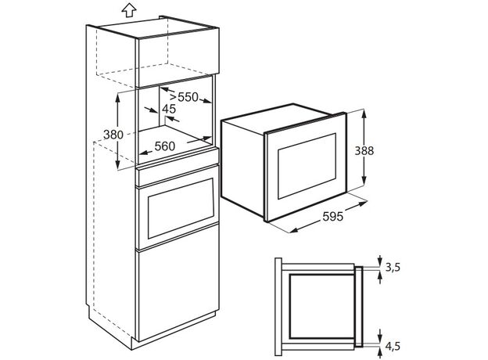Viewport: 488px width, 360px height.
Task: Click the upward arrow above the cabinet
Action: [x=129, y=10]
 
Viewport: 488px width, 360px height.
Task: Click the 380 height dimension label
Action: [x=113, y=135]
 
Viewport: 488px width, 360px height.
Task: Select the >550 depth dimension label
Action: [x=184, y=97]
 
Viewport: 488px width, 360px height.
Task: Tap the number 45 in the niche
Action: [x=169, y=109]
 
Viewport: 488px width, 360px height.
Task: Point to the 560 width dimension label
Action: [x=165, y=146]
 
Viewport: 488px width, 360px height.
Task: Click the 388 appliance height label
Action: [x=364, y=151]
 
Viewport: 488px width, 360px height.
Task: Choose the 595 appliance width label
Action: [x=332, y=216]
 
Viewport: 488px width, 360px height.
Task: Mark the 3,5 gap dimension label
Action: [x=393, y=267]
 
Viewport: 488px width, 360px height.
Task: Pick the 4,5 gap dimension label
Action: [x=393, y=346]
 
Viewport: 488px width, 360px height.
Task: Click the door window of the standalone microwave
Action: [x=307, y=166]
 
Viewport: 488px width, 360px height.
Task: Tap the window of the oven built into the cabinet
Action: [x=181, y=208]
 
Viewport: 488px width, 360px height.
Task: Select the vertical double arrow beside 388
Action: [x=364, y=147]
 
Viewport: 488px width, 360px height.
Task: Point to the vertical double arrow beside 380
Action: [x=117, y=131]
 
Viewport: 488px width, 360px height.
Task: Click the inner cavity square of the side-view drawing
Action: [x=321, y=307]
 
